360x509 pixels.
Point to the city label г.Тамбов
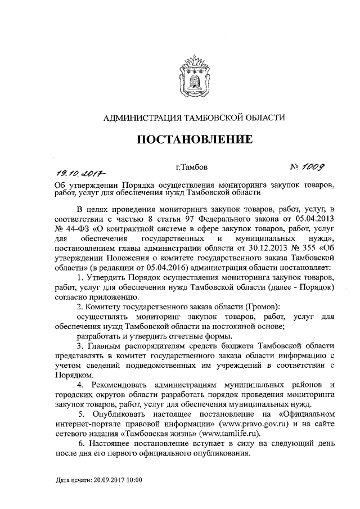(x=192, y=167)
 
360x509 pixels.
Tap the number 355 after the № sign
(x=309, y=248)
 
